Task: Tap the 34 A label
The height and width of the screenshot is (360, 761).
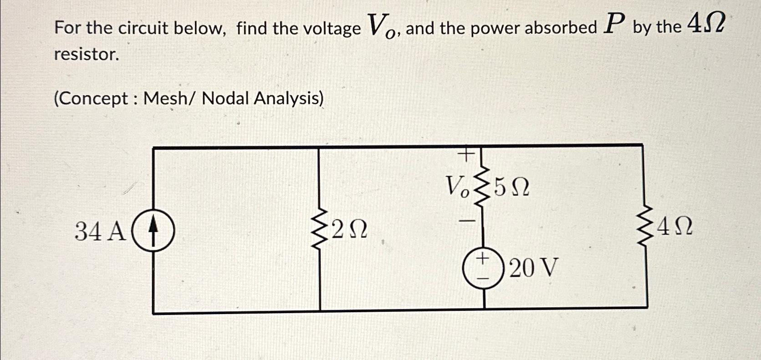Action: (100, 231)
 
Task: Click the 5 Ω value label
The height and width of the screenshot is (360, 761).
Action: (512, 187)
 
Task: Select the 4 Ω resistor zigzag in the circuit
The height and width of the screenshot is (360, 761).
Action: (646, 226)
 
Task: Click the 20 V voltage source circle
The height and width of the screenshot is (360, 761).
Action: (483, 268)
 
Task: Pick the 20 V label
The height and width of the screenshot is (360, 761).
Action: (533, 268)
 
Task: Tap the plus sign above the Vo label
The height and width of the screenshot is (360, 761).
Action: (466, 155)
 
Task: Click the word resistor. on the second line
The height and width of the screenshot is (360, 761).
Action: (87, 55)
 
